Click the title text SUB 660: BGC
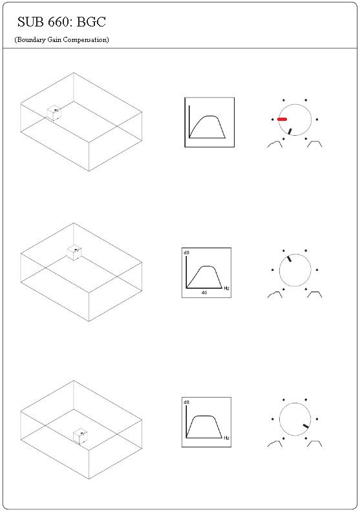[x=61, y=22]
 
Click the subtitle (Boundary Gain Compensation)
[x=61, y=40]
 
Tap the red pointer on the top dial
[x=282, y=120]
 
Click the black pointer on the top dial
[x=290, y=131]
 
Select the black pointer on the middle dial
[x=289, y=259]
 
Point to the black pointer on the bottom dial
[x=306, y=426]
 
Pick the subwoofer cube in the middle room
[x=74, y=252]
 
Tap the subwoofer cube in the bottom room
[x=80, y=436]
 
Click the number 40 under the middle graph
[x=204, y=293]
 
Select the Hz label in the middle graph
[x=226, y=288]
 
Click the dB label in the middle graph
[x=186, y=253]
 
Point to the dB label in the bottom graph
[x=186, y=402]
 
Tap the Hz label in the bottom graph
[x=226, y=438]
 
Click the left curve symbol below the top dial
[x=275, y=144]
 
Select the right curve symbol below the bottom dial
[x=315, y=443]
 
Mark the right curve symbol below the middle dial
[x=315, y=295]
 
